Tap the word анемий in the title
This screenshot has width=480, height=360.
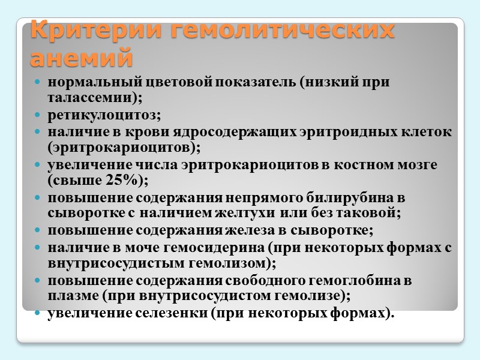click(x=80, y=59)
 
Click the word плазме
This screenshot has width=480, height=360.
click(x=69, y=296)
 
